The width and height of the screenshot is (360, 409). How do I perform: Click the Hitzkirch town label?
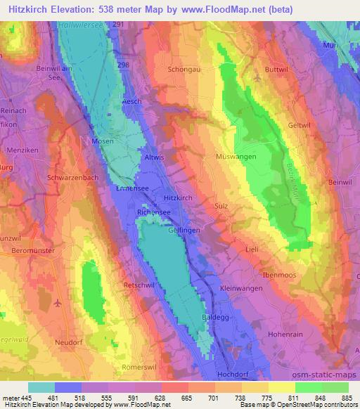[178, 199]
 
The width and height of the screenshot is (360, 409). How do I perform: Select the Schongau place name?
[185, 70]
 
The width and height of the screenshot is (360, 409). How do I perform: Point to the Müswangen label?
[236, 157]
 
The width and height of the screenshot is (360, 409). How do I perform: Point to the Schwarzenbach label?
[72, 178]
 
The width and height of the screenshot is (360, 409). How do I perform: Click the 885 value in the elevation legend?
[345, 398]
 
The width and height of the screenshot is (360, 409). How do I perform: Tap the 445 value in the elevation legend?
[24, 398]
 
